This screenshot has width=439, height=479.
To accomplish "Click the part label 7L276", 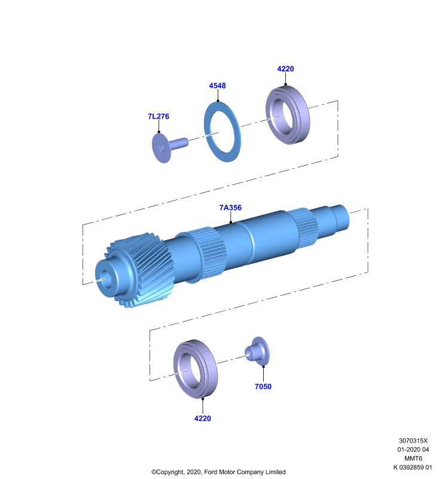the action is point(158,116).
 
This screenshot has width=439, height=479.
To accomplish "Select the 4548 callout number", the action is point(217,86).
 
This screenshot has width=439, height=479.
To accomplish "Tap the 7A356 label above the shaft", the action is point(230,208).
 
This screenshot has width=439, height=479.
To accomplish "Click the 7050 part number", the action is point(263,386).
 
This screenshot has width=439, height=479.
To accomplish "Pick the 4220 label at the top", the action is point(285,69).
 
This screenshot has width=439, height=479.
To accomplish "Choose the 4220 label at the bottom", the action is point(203,418).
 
